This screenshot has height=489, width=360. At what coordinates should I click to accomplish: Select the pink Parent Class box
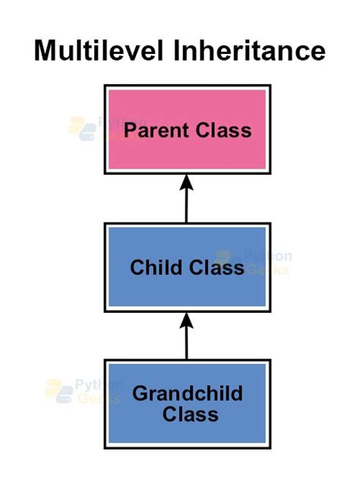click(187, 129)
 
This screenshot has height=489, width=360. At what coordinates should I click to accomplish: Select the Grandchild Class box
click(187, 402)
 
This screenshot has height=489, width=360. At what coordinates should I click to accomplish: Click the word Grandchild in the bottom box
click(188, 393)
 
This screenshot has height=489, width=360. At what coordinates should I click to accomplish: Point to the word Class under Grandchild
click(191, 415)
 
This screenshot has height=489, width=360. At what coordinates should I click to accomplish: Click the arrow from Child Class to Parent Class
click(186, 201)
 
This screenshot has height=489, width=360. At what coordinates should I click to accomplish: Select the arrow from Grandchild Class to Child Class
click(186, 338)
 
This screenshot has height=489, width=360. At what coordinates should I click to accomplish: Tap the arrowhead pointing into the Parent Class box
click(186, 182)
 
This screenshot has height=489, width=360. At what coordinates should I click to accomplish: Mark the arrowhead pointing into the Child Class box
click(186, 319)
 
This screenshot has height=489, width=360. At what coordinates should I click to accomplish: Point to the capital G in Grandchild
click(141, 393)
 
